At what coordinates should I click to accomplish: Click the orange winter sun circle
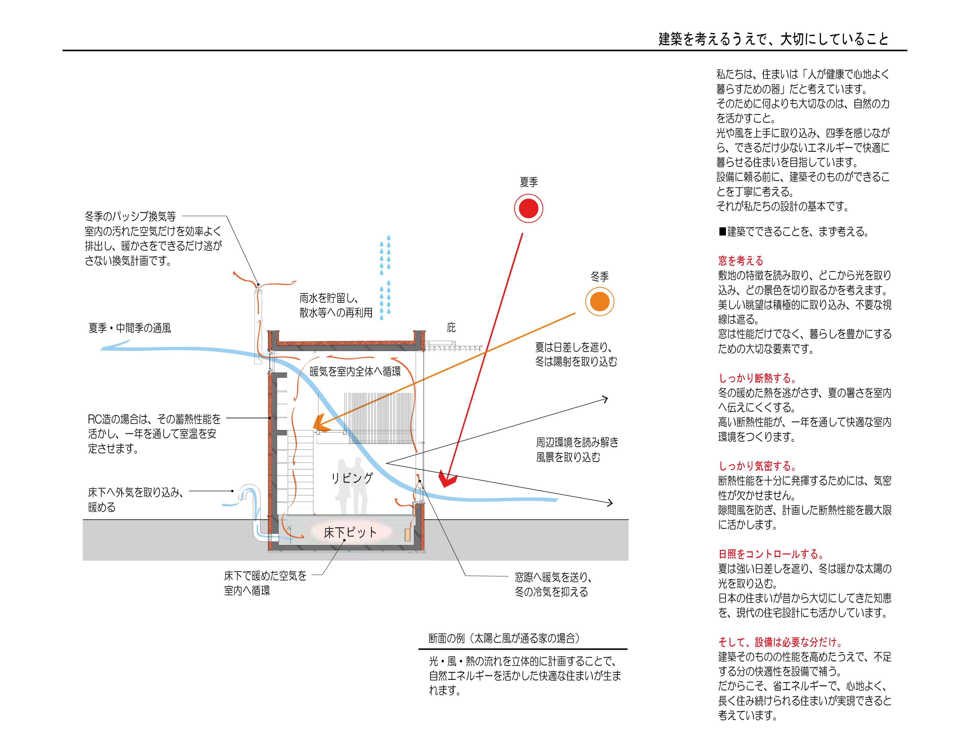coord(600,302)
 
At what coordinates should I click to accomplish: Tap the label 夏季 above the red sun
coord(529,182)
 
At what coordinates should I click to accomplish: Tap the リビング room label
coord(352,478)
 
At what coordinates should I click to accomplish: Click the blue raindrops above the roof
coord(385,276)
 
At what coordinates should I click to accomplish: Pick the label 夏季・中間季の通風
coord(130,328)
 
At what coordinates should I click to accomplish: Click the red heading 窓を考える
coord(741,261)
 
